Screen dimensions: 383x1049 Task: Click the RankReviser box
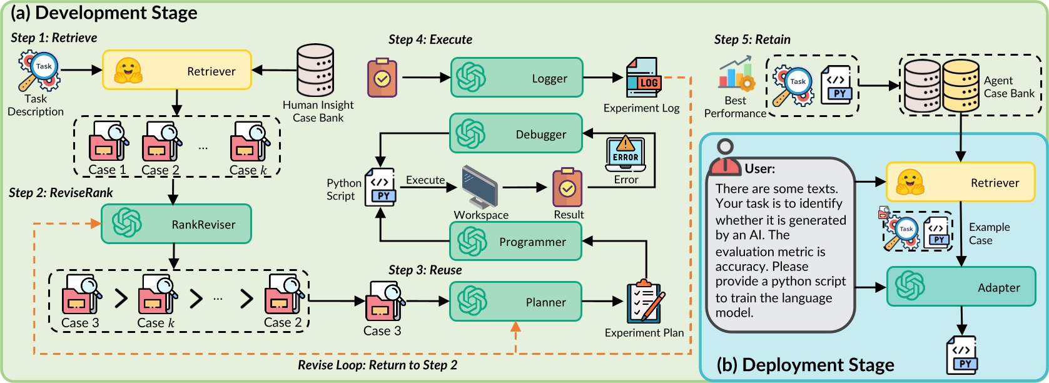(x=176, y=224)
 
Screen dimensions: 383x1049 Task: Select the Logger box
(x=517, y=78)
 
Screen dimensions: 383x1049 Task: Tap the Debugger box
(x=516, y=134)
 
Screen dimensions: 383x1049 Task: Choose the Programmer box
(x=515, y=242)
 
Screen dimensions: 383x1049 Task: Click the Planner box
(x=515, y=302)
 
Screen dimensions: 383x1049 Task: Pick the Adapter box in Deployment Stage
(x=961, y=287)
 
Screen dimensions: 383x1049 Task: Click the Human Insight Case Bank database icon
(x=315, y=70)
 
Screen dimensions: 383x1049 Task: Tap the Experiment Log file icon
(x=643, y=78)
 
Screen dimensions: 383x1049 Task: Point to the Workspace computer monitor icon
(x=480, y=186)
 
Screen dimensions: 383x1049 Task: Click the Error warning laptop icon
(x=625, y=153)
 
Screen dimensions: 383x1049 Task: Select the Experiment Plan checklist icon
(x=645, y=302)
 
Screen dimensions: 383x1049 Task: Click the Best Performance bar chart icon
(x=736, y=74)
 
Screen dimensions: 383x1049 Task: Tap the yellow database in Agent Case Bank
(x=961, y=86)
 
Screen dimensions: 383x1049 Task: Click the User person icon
(x=724, y=159)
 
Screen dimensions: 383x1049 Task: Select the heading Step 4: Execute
(x=430, y=39)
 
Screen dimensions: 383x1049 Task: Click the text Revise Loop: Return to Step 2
(x=377, y=365)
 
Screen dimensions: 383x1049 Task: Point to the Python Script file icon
(x=380, y=186)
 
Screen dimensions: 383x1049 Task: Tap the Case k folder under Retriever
(x=249, y=141)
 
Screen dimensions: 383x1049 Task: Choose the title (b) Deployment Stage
(x=805, y=365)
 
